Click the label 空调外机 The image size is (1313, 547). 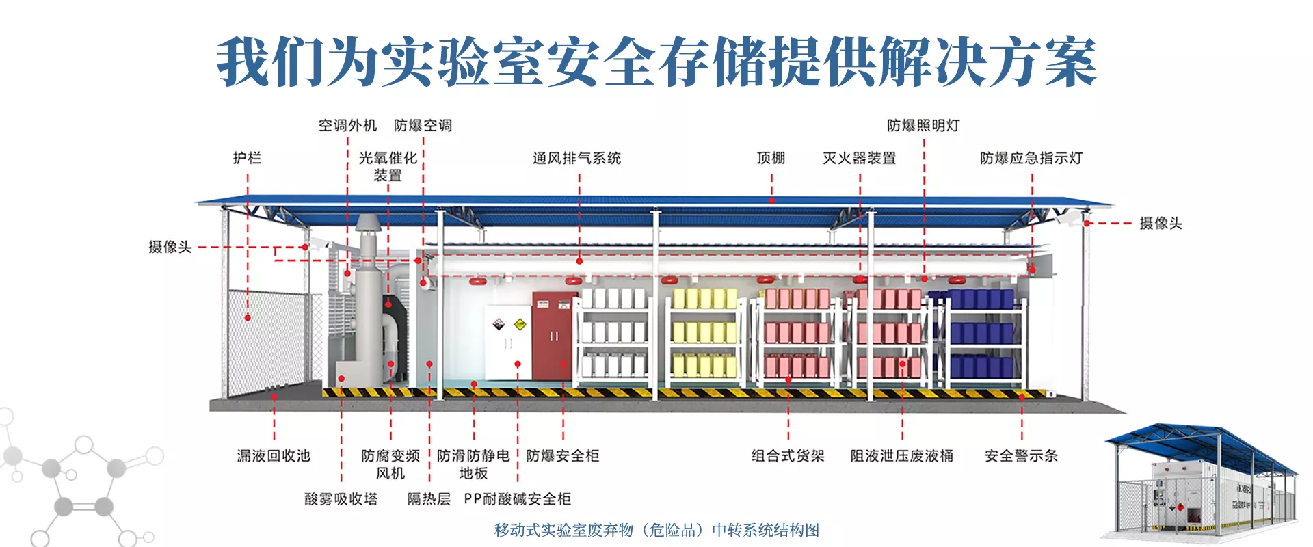(347, 126)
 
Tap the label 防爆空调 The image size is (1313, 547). (423, 126)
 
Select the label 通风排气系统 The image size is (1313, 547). (576, 159)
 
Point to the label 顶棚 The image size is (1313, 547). (771, 159)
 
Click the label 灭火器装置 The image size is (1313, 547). (859, 159)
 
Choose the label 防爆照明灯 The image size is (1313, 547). (923, 126)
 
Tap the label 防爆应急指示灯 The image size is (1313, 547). (1031, 159)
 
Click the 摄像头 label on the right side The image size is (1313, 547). (1161, 224)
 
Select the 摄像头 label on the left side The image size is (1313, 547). (170, 247)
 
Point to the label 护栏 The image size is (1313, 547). (247, 159)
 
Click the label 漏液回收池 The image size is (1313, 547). (274, 456)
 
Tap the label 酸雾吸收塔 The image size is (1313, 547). (341, 499)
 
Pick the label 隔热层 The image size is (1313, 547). (429, 499)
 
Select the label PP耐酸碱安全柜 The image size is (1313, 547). (517, 499)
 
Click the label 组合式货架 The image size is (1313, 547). (788, 456)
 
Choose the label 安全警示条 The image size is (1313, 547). (1021, 456)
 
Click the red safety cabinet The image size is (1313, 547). (555, 335)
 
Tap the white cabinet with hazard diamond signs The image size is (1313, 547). (508, 342)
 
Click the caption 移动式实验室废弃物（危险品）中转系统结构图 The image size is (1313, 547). (656, 531)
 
